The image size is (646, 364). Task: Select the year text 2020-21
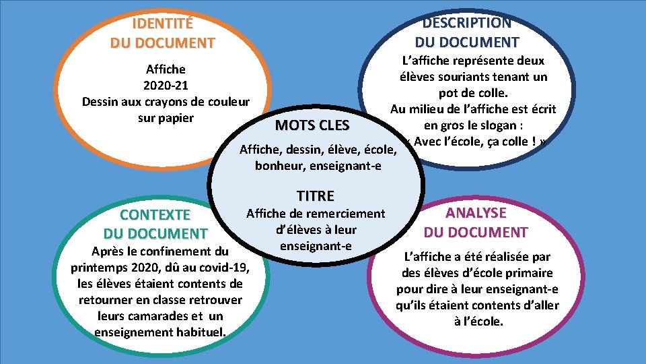(x=166, y=86)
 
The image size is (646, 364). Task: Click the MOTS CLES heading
(x=312, y=125)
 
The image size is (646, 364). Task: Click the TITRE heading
(x=315, y=196)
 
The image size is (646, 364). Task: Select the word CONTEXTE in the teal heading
(x=155, y=215)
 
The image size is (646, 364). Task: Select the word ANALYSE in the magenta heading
(x=476, y=212)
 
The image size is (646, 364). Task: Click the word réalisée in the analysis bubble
(x=497, y=257)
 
